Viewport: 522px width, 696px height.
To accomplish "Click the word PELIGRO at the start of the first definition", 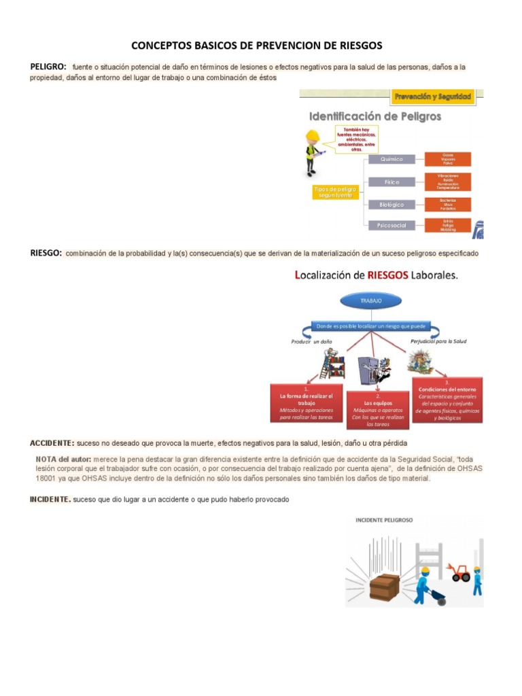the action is [48, 67].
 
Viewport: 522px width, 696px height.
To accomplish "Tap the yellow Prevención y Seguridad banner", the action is [433, 97].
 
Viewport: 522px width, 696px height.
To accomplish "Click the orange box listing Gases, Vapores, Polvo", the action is [447, 159].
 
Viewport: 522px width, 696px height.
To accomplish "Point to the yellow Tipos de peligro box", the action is [333, 192].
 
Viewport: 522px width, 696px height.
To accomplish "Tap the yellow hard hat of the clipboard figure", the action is [313, 135].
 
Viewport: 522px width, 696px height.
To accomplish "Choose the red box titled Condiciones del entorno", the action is [448, 400].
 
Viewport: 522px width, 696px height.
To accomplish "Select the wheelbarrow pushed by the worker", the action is [438, 597].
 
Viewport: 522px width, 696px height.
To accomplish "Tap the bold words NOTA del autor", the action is [65, 459].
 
